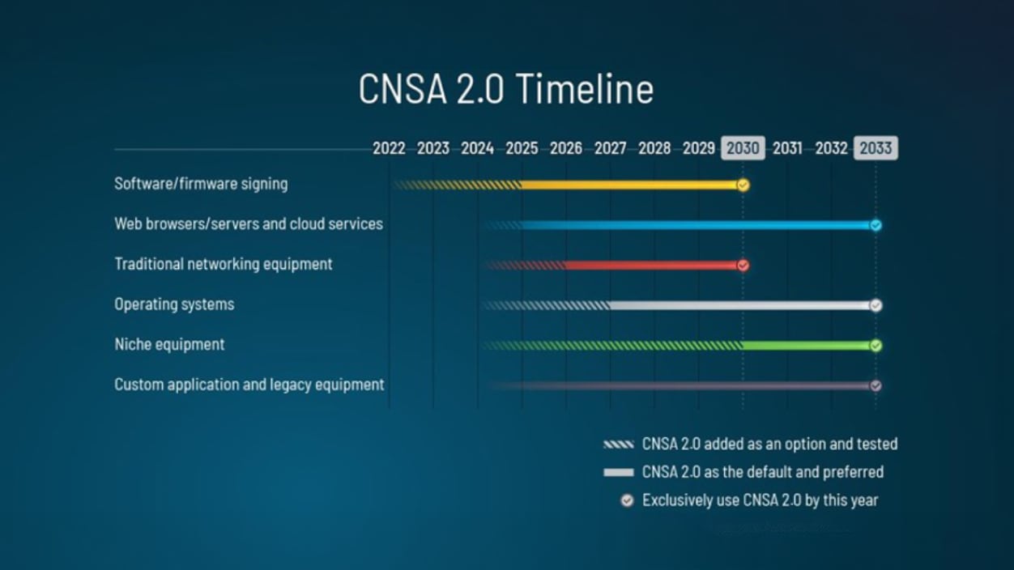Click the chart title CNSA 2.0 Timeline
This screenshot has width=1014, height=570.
505,88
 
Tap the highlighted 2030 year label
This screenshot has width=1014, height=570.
743,148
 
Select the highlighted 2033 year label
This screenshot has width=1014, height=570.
876,148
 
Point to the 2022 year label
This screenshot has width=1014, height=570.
389,148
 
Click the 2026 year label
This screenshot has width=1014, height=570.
565,148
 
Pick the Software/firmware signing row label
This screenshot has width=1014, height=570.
201,184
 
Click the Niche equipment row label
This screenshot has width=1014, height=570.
169,345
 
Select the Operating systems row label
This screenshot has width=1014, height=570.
174,304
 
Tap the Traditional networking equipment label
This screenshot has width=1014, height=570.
224,264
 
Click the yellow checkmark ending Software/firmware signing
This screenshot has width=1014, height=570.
743,185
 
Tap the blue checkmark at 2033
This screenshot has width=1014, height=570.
876,225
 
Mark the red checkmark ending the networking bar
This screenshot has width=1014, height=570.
743,266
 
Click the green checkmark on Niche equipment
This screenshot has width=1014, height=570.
876,346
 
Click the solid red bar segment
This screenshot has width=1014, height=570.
652,266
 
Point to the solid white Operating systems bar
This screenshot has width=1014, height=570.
740,306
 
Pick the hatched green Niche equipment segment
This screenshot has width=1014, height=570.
612,346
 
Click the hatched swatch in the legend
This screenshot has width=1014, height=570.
618,445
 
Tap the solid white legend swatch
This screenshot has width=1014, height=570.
618,472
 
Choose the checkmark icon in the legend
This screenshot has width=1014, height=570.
627,500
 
